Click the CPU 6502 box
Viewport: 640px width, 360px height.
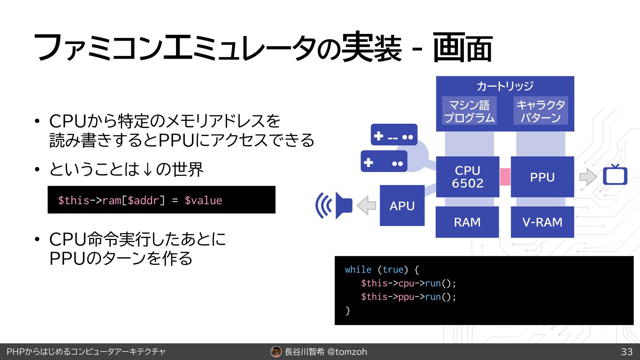click(x=467, y=177)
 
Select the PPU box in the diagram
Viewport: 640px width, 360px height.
click(x=542, y=177)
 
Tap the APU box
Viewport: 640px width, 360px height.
click(x=402, y=206)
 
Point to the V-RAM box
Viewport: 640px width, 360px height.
click(x=542, y=222)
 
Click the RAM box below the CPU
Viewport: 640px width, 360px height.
click(x=467, y=222)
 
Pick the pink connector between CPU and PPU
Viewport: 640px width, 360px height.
click(x=505, y=177)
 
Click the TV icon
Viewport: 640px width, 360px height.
click(x=615, y=175)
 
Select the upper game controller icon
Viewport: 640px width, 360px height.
click(x=394, y=135)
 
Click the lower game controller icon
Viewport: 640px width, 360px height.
click(x=384, y=161)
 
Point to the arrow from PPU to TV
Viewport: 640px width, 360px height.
click(x=588, y=177)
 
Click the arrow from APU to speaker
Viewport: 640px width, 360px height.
click(x=366, y=205)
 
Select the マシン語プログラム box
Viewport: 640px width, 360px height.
click(x=469, y=111)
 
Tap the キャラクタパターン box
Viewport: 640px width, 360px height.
click(x=540, y=111)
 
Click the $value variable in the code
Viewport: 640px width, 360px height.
click(x=203, y=200)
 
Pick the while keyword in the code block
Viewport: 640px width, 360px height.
click(x=358, y=269)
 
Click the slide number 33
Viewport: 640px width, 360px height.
click(x=627, y=352)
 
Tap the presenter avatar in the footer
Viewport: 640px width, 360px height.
click(x=276, y=352)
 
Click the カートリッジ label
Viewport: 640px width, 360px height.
click(x=505, y=86)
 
